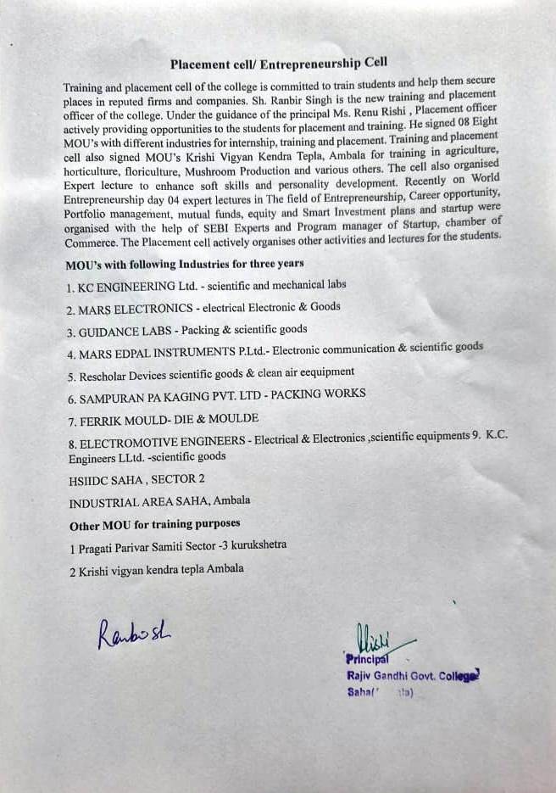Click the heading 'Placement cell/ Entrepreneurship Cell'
279,64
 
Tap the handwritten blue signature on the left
134,632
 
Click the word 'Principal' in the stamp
366,658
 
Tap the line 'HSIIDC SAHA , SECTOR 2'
136,479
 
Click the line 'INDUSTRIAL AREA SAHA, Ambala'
159,501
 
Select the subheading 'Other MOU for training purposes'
154,525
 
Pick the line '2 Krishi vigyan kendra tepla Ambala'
157,569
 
